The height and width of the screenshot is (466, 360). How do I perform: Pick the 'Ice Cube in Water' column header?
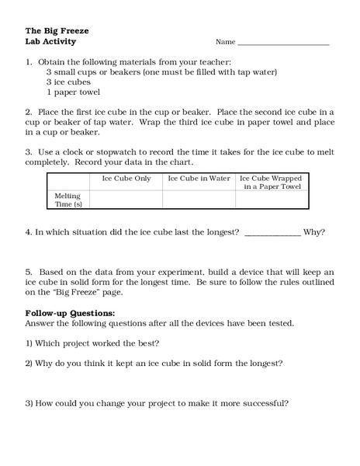click(199, 179)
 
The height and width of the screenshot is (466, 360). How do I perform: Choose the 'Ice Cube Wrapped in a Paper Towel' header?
click(271, 183)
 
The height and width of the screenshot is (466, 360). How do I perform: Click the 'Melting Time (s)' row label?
click(67, 200)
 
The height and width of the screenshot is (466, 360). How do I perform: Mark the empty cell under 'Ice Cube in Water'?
click(199, 200)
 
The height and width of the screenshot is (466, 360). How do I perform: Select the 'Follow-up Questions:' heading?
click(64, 313)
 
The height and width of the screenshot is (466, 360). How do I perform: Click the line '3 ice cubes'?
click(68, 81)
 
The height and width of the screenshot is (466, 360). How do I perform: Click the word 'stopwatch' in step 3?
click(108, 150)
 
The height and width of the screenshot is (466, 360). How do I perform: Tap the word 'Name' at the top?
click(225, 42)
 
